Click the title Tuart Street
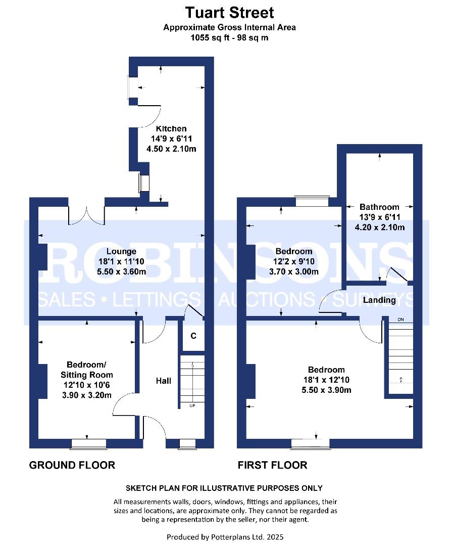pyautogui.click(x=229, y=12)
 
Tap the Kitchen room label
pyautogui.click(x=171, y=128)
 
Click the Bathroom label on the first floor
pyautogui.click(x=379, y=207)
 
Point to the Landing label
pyautogui.click(x=379, y=300)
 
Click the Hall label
pyautogui.click(x=163, y=380)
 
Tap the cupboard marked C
pyautogui.click(x=193, y=336)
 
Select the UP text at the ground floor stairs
pyautogui.click(x=192, y=405)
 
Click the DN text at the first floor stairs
pyautogui.click(x=401, y=320)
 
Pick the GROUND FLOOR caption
pyautogui.click(x=72, y=465)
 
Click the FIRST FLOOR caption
pyautogui.click(x=272, y=465)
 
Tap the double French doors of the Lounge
pyautogui.click(x=87, y=215)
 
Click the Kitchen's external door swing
pyautogui.click(x=149, y=113)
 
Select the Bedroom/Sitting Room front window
pyautogui.click(x=88, y=444)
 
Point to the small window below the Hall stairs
pyautogui.click(x=187, y=444)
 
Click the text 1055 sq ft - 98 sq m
pyautogui.click(x=229, y=37)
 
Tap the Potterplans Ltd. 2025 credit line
pyautogui.click(x=229, y=536)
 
